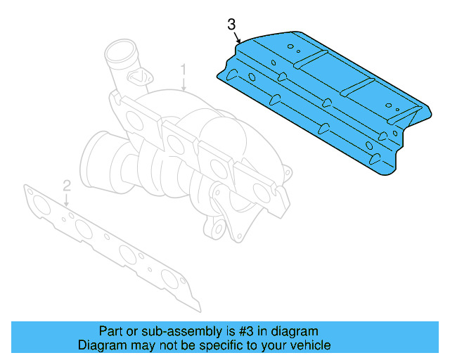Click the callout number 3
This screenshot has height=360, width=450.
(x=232, y=25)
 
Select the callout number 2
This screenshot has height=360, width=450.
(x=67, y=186)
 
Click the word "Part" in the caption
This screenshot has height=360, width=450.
(x=110, y=331)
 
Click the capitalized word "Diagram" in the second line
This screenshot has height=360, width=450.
(x=101, y=345)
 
